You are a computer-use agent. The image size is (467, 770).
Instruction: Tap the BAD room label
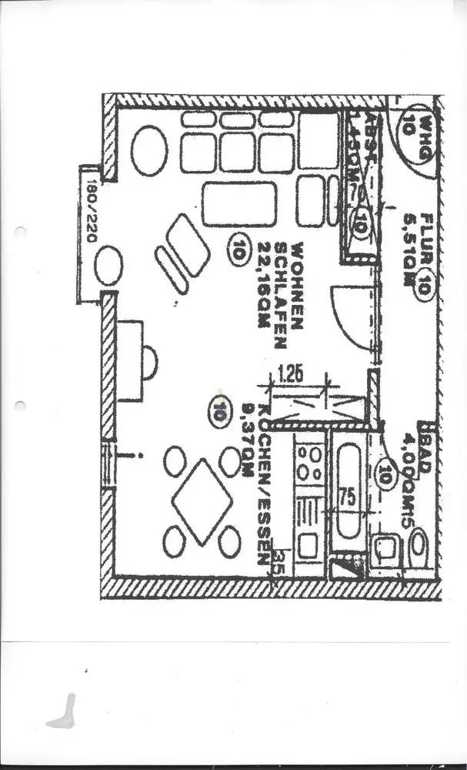pos(425,444)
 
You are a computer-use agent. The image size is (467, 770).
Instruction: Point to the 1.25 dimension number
pos(290,375)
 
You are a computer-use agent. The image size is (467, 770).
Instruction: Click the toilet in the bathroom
pos(419,546)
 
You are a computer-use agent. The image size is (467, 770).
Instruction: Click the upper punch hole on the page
pos(20,231)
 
